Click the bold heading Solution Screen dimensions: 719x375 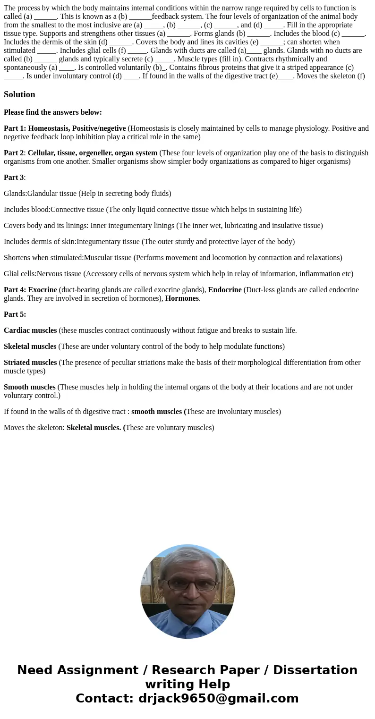(x=19, y=94)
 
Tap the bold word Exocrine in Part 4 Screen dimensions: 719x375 (x=43, y=290)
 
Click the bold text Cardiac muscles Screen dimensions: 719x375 (x=30, y=330)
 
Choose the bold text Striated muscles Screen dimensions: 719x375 (x=30, y=363)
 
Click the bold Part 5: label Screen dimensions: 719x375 (x=15, y=314)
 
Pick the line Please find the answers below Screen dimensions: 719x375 (x=53, y=112)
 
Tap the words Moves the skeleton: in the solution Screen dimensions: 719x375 (x=34, y=428)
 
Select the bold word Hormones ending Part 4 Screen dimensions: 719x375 (x=182, y=298)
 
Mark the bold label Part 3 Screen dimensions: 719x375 (x=14, y=178)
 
